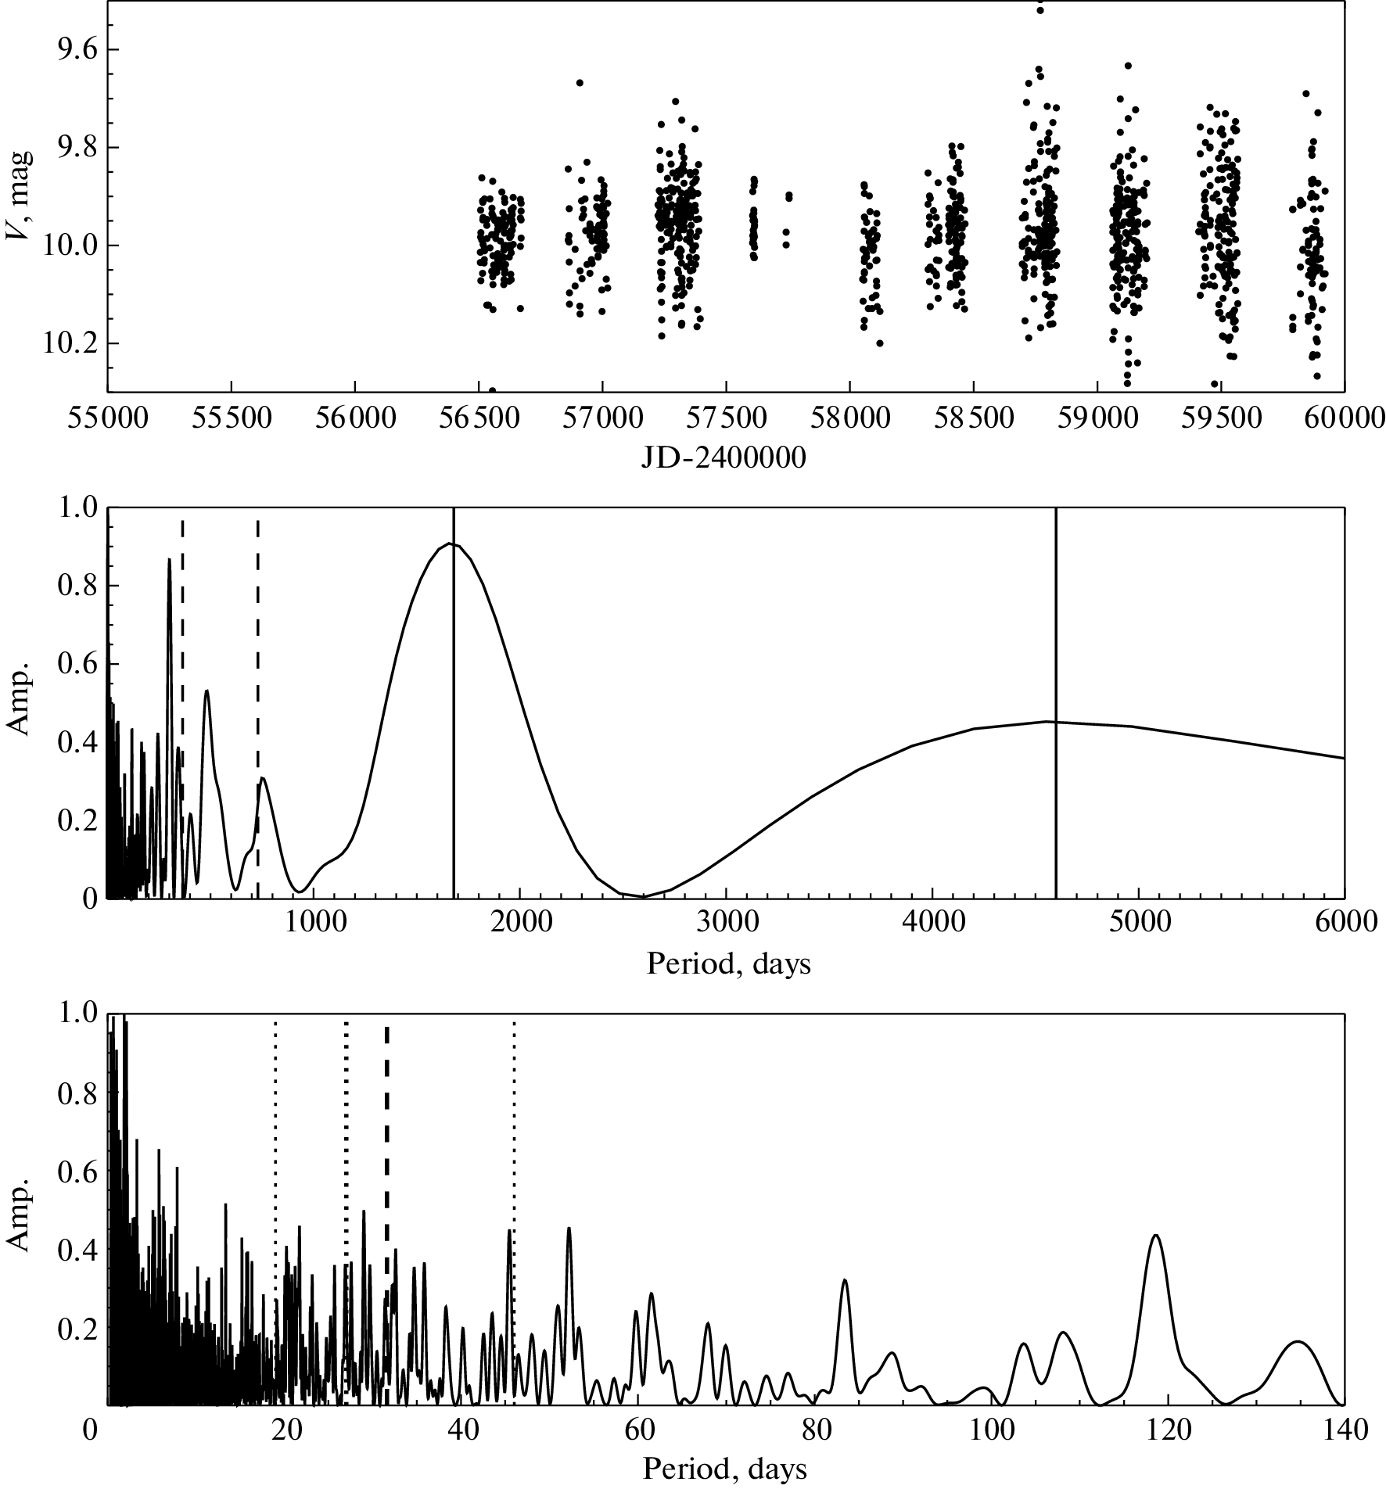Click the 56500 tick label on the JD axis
pyautogui.click(x=478, y=419)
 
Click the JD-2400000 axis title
pyautogui.click(x=724, y=458)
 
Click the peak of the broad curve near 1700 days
pyautogui.click(x=451, y=544)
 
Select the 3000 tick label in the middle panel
pyautogui.click(x=726, y=923)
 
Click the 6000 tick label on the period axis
pyautogui.click(x=1344, y=923)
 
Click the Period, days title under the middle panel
pyautogui.click(x=728, y=964)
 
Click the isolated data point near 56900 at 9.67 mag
pyautogui.click(x=580, y=83)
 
